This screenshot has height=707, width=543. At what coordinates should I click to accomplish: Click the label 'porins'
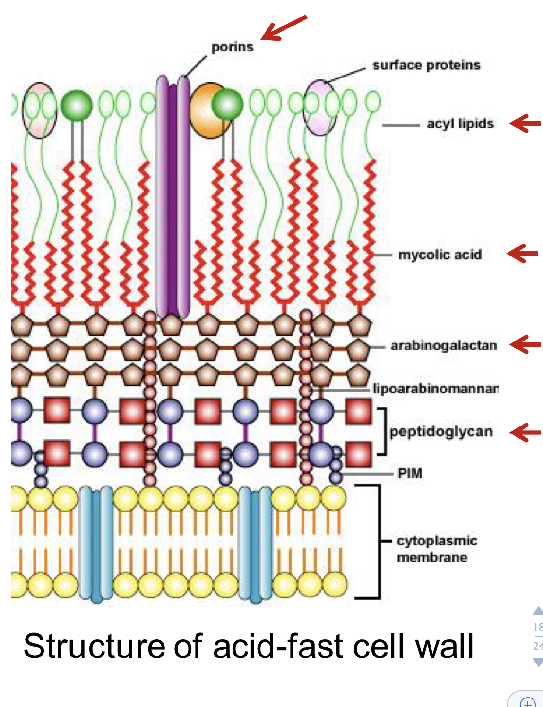[x=232, y=47]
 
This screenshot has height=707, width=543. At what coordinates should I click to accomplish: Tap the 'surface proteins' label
[x=426, y=65]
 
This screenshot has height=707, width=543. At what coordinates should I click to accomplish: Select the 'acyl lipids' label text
[x=460, y=124]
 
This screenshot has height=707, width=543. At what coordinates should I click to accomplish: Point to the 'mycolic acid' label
[x=440, y=255]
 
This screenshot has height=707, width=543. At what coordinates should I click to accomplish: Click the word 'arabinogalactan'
[x=444, y=346]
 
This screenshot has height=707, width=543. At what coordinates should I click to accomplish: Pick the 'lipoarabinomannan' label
[x=435, y=389]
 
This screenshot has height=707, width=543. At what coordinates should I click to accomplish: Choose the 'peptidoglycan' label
[x=441, y=432]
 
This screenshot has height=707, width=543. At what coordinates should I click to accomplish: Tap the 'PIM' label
[x=410, y=473]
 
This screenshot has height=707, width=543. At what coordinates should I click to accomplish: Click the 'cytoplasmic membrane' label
[x=437, y=549]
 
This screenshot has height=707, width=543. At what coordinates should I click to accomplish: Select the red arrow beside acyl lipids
[x=525, y=124]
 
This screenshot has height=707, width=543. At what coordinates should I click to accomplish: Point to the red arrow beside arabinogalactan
[x=525, y=344]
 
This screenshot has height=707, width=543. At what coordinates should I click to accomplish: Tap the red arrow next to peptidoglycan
[x=525, y=432]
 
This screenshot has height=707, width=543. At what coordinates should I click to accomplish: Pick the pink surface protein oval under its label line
[x=319, y=108]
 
